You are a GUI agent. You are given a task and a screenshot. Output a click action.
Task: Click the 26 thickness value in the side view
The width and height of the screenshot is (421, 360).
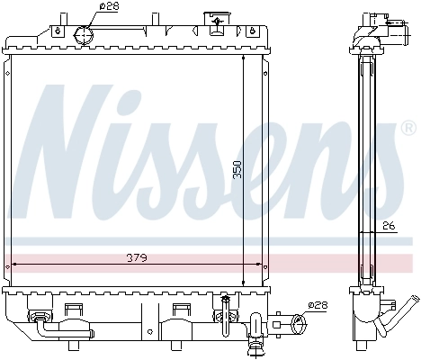pyautogui.click(x=388, y=227)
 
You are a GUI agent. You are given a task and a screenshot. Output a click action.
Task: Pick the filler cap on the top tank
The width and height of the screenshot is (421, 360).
pyautogui.click(x=216, y=20)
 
